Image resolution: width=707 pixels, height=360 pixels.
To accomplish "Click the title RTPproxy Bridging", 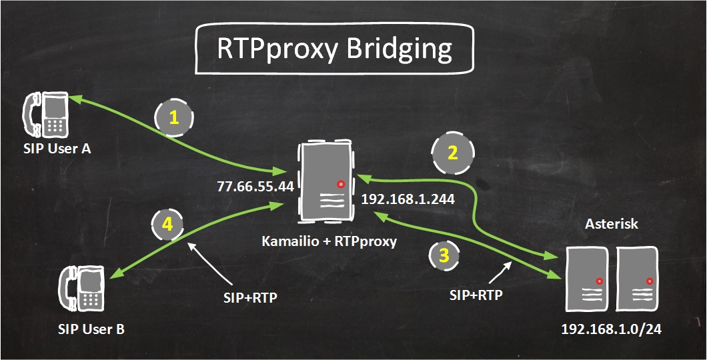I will point(335,49).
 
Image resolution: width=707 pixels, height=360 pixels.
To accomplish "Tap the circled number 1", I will point(173,118).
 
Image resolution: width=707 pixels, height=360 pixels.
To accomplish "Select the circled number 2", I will point(452,153).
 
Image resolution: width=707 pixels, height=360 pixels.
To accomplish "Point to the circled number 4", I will point(168,225).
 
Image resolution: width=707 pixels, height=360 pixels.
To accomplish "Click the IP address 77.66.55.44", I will point(255,186).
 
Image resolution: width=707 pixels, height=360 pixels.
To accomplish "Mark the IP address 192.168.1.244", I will point(408,198).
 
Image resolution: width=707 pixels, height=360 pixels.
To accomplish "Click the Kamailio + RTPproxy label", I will point(329,241).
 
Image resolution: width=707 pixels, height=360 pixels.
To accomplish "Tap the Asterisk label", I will point(611,224).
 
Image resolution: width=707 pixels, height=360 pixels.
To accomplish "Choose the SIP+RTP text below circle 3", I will point(476,294).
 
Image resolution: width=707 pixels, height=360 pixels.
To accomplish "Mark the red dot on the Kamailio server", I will point(341,183).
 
